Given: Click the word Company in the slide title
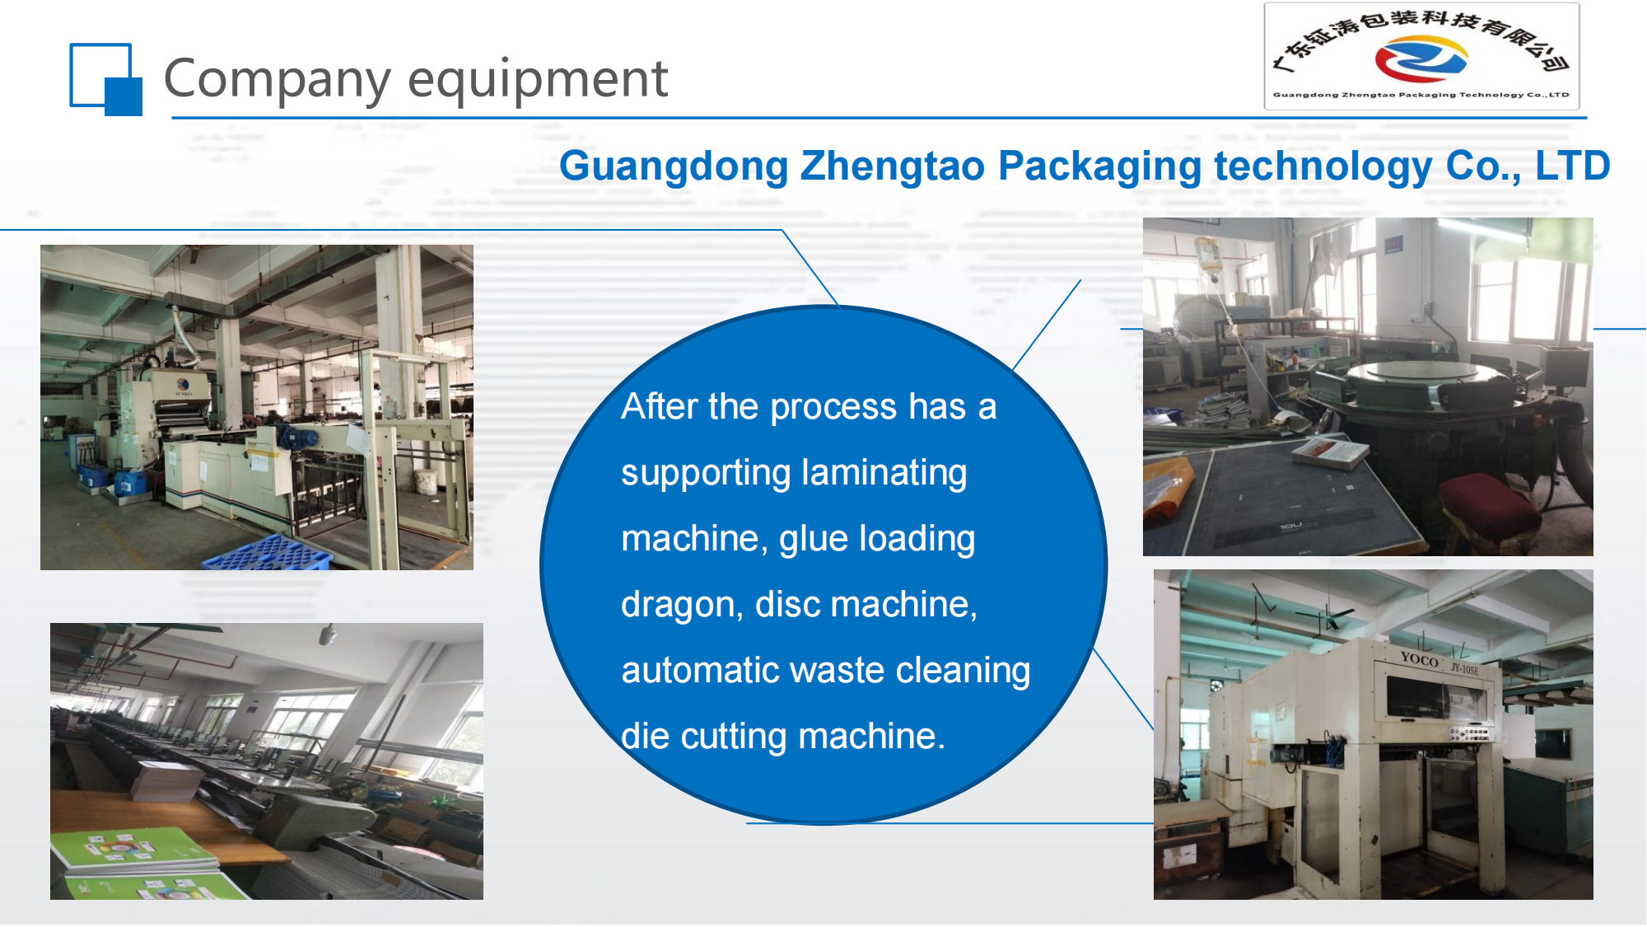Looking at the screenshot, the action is [278, 80].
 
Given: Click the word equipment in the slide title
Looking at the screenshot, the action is [538, 80].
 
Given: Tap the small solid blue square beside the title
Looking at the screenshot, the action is [124, 96].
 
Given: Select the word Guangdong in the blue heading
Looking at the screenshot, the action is [674, 166].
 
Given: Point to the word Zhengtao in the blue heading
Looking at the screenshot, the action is [893, 166].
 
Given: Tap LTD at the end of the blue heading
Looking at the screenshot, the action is [1572, 165].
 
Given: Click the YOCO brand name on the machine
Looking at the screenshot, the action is [1419, 658].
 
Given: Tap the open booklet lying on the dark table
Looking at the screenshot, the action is [1329, 453].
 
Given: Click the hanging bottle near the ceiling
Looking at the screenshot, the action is [1207, 255].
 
